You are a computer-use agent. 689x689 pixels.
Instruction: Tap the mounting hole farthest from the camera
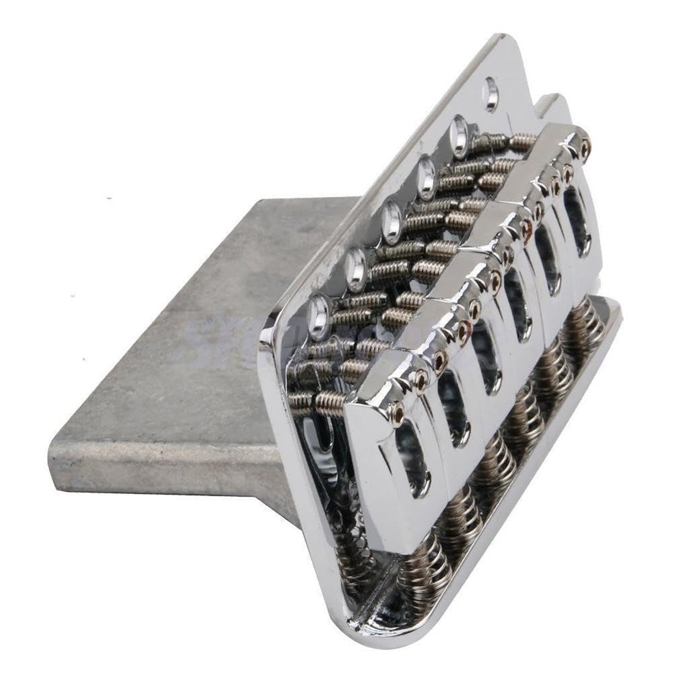(x=491, y=94)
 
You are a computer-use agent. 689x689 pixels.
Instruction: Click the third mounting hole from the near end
(x=392, y=223)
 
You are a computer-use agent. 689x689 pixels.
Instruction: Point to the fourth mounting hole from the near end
(x=426, y=178)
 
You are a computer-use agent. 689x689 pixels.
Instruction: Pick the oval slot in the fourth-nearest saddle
(x=519, y=313)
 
